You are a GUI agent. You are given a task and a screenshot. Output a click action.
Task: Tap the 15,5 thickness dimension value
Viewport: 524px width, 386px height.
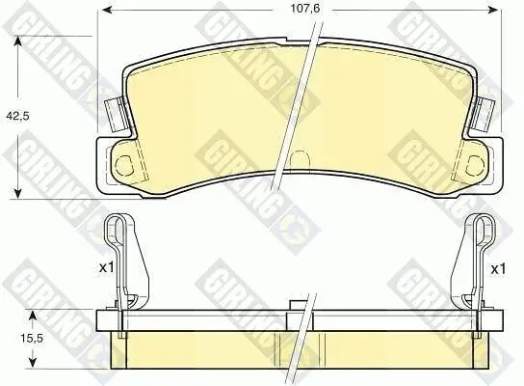tap(17, 338)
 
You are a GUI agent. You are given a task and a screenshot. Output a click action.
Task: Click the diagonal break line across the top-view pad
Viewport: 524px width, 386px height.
tap(295, 106)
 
